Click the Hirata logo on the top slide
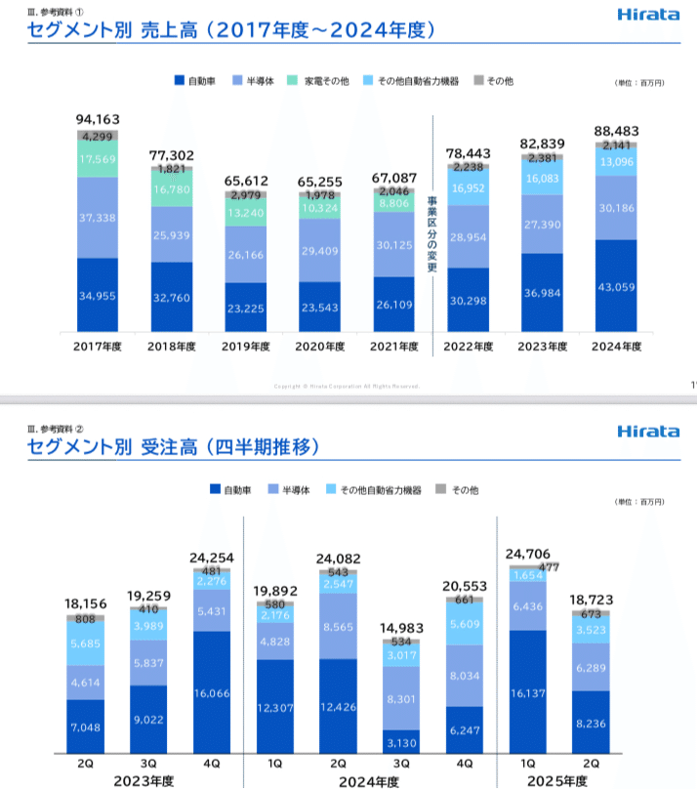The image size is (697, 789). pyautogui.click(x=647, y=15)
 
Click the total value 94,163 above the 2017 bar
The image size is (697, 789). pyautogui.click(x=97, y=119)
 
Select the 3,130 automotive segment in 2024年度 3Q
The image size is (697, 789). pyautogui.click(x=395, y=743)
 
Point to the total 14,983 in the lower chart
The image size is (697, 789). pyautogui.click(x=395, y=627)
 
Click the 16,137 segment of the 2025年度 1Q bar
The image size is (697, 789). pyautogui.click(x=527, y=694)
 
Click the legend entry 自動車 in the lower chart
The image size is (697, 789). pyautogui.click(x=235, y=490)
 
